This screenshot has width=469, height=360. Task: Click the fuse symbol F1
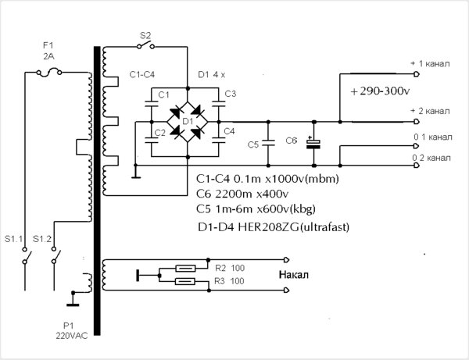click(49, 73)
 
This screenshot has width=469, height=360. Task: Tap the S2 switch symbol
click(145, 45)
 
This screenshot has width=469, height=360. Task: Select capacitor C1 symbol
click(152, 104)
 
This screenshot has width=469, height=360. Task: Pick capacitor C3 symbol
click(219, 104)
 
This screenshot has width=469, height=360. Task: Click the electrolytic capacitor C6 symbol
click(313, 144)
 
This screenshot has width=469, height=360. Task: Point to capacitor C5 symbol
click(268, 143)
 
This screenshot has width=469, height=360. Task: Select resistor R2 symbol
click(185, 269)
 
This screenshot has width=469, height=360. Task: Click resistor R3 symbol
click(185, 281)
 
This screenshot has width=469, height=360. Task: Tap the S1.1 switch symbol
click(27, 256)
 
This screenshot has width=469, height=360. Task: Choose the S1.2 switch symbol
click(55, 256)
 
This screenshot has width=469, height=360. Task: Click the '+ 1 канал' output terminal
click(416, 73)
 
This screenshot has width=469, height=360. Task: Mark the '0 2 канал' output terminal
click(416, 166)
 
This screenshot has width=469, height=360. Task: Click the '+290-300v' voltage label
click(380, 91)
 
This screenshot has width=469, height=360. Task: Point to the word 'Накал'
click(293, 275)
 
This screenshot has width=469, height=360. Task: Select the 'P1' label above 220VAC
click(69, 326)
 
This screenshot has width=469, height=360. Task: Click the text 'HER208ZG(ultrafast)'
click(293, 227)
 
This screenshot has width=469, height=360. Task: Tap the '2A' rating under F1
click(48, 56)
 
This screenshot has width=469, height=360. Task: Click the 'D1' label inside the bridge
click(188, 121)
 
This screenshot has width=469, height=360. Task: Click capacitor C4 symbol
click(219, 140)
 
